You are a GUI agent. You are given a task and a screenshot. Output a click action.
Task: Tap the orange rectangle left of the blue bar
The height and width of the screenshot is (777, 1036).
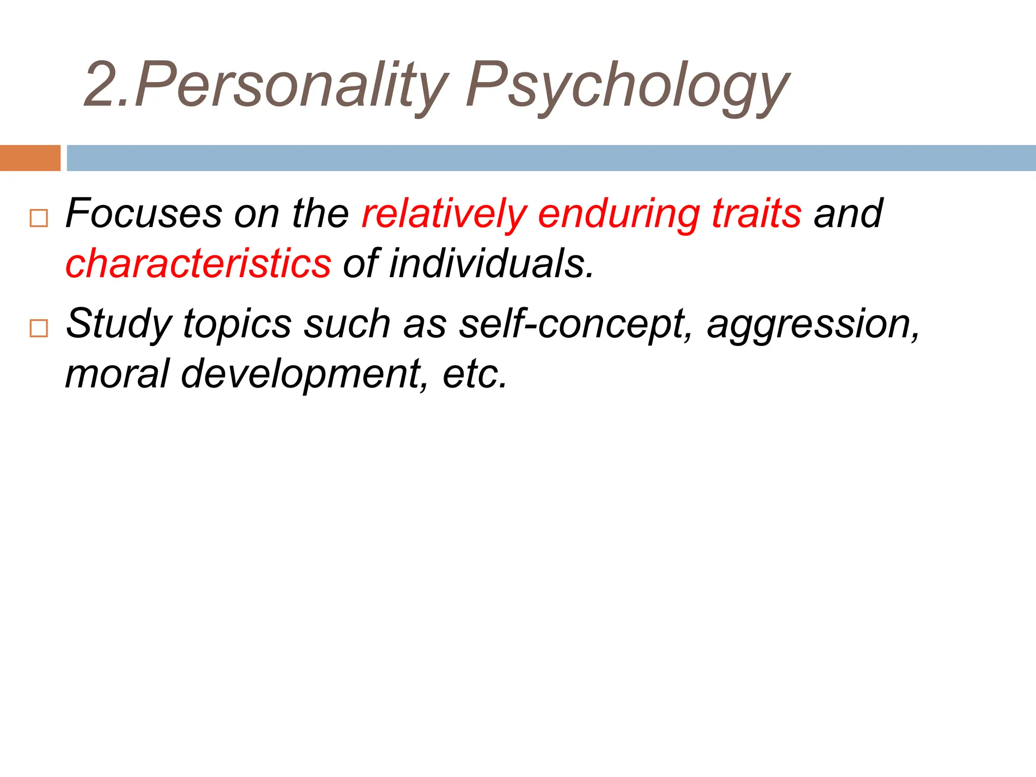click(x=30, y=158)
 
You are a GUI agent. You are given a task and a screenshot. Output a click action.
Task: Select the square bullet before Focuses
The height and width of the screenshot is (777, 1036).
click(x=39, y=218)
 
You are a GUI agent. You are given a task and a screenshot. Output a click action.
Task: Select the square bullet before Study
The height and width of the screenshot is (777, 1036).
click(x=39, y=328)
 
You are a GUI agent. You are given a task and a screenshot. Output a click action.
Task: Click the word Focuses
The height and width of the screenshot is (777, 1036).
click(x=144, y=213)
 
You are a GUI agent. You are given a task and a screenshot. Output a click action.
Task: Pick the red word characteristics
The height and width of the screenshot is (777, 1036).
click(x=198, y=264)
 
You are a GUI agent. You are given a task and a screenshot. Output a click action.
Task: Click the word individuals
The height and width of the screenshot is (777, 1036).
click(x=491, y=264)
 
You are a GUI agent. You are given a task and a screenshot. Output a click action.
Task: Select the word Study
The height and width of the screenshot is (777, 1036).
click(x=119, y=324)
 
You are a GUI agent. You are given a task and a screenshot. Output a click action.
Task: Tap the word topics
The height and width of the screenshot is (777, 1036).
click(x=237, y=324)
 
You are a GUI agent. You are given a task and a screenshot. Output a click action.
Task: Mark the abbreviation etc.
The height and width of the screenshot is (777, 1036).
click(x=474, y=373)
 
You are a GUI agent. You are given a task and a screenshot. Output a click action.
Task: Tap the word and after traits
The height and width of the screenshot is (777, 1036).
click(x=848, y=213)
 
